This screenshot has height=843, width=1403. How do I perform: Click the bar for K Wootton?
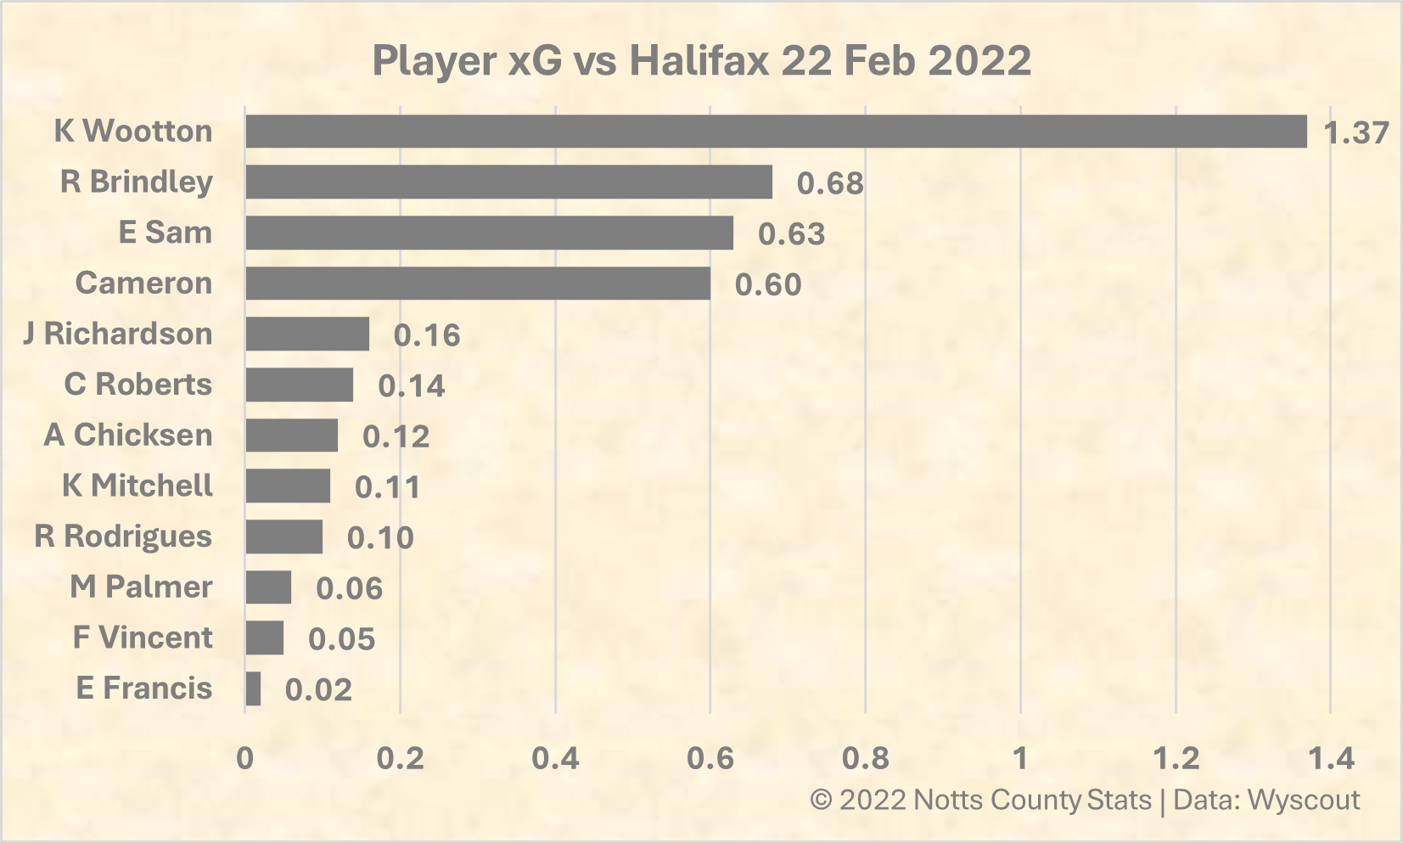tap(776, 132)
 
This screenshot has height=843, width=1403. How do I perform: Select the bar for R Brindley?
tap(509, 182)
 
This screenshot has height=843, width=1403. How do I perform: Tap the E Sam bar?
tap(490, 233)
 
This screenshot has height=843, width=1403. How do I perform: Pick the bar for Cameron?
tap(478, 284)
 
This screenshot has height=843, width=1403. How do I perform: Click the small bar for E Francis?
tap(253, 688)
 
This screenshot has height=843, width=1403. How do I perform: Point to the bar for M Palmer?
tap(268, 587)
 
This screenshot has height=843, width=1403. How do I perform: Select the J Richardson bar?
tap(307, 334)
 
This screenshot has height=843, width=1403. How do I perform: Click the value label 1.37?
tap(1356, 132)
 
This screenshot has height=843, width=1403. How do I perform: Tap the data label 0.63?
tap(791, 233)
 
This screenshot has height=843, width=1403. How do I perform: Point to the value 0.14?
tap(411, 385)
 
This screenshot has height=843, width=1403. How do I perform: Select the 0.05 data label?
tap(341, 638)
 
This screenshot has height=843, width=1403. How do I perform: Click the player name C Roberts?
tap(137, 384)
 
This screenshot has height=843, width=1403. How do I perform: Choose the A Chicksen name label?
tap(128, 435)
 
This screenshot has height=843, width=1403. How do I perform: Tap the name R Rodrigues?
tap(123, 537)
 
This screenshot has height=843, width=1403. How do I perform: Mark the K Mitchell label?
tap(137, 486)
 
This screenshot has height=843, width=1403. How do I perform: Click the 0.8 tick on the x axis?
tap(865, 758)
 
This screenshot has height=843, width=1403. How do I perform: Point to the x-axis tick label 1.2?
tap(1176, 758)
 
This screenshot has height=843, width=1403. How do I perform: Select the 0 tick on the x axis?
tap(244, 758)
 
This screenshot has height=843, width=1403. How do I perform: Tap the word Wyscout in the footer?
tap(1304, 800)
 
